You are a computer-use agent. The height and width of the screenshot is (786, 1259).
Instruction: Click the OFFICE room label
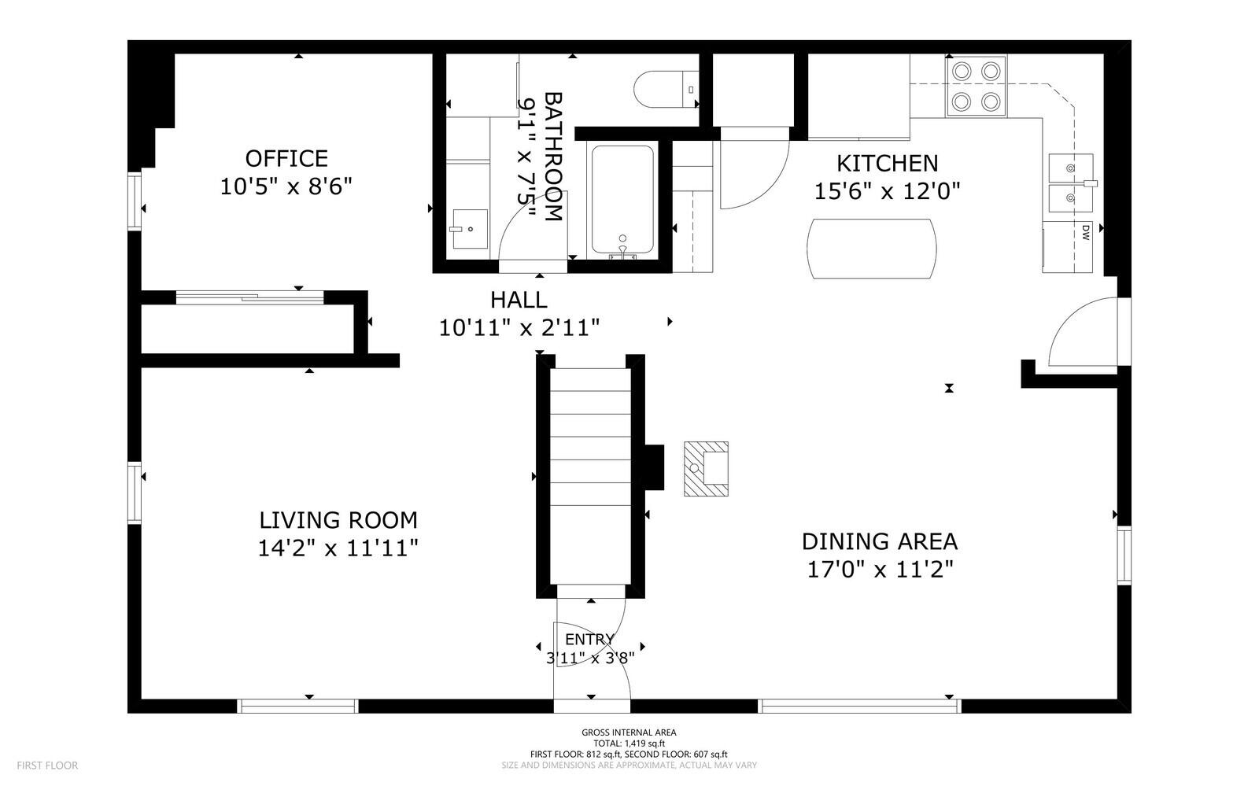pyautogui.click(x=286, y=159)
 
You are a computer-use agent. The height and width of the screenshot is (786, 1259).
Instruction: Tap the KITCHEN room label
pyautogui.click(x=888, y=164)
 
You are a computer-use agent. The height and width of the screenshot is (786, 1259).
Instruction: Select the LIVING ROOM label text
pyautogui.click(x=338, y=520)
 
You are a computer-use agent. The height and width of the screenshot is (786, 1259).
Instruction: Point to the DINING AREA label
pyautogui.click(x=880, y=541)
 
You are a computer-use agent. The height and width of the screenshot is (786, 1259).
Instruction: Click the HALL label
pyautogui.click(x=519, y=300)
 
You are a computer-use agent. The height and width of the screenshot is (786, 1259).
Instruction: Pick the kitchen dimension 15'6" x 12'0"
pyautogui.click(x=888, y=192)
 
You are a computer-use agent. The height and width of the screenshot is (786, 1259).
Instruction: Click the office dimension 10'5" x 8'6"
pyautogui.click(x=286, y=186)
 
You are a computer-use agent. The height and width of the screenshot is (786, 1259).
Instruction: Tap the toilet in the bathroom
pyautogui.click(x=666, y=90)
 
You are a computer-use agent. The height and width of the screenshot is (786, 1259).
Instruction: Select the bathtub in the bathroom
pyautogui.click(x=622, y=200)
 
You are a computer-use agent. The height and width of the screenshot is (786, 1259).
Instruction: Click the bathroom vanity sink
pyautogui.click(x=470, y=229)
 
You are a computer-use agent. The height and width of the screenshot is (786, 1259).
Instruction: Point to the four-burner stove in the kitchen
pyautogui.click(x=977, y=87)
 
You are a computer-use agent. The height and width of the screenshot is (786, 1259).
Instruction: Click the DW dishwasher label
pyautogui.click(x=1085, y=233)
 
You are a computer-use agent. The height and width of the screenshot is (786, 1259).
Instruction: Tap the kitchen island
pyautogui.click(x=872, y=249)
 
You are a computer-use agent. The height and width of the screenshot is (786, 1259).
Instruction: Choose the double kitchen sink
pyautogui.click(x=1071, y=183)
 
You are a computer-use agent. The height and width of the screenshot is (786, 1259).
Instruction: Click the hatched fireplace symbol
pyautogui.click(x=706, y=469)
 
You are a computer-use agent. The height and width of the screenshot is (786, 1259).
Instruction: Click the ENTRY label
pyautogui.click(x=589, y=640)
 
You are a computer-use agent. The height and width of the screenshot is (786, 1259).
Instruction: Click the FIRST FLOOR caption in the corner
pyautogui.click(x=47, y=766)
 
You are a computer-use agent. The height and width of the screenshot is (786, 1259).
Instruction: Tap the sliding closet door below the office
pyautogui.click(x=249, y=297)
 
